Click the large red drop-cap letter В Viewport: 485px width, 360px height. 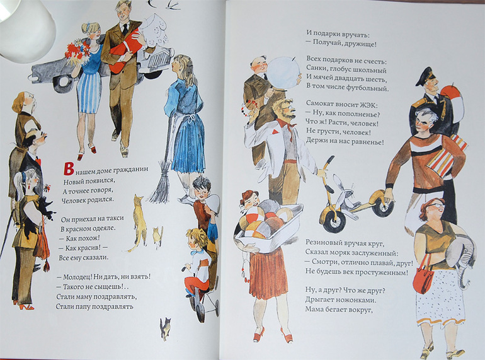coord(68,168)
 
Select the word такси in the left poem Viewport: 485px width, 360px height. coord(115,218)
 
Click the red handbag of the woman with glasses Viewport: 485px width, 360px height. coord(424,277)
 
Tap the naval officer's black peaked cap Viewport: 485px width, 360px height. coord(425,76)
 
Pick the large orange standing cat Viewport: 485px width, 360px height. coord(139,221)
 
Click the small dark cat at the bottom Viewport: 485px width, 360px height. coord(166,328)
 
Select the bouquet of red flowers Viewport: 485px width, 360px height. coord(77,52)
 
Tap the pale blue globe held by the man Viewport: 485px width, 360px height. coord(283,73)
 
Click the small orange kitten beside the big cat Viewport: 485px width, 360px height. coord(158,237)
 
